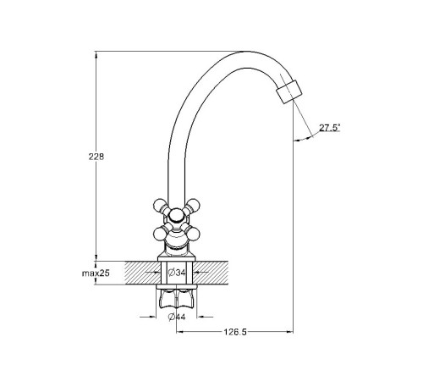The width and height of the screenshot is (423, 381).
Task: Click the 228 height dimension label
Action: tap(96, 157)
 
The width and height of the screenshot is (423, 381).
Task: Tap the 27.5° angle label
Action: tap(330, 128)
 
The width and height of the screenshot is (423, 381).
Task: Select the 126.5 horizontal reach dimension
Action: tap(235, 332)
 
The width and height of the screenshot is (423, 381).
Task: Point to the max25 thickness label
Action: tap(96, 273)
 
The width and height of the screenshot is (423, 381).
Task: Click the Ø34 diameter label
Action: tap(177, 273)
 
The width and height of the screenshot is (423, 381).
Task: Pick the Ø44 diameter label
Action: tap(177, 317)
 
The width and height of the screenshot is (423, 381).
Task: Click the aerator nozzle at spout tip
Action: tap(289, 91)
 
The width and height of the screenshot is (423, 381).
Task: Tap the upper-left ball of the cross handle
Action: tap(160, 205)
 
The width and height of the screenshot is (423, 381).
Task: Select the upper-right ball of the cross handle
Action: tap(193, 205)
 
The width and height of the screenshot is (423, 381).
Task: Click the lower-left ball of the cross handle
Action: tap(160, 234)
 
